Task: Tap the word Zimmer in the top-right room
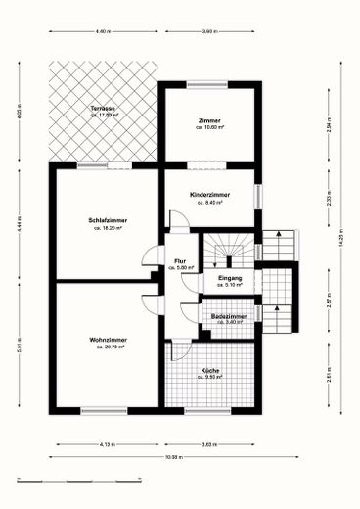click(209, 120)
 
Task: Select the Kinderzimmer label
click(209, 196)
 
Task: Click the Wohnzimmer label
click(108, 340)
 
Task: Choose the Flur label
click(180, 260)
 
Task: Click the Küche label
click(210, 370)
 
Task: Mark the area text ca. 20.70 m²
click(108, 347)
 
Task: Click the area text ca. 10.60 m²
click(209, 127)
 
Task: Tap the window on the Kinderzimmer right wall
click(260, 194)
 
